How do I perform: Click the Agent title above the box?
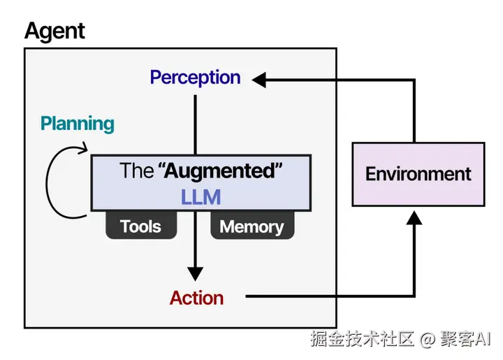pos(54,31)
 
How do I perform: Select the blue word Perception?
pos(195,78)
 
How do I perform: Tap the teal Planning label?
pos(78,124)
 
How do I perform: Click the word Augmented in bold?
pos(220,171)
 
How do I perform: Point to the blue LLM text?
pos(201,197)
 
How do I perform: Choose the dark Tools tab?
pos(141,225)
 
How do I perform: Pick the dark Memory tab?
pos(252,225)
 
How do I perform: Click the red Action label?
pos(196,298)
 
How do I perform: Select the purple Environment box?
pos(418,174)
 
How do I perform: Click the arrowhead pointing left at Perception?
pos(259,80)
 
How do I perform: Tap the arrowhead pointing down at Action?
pos(195,274)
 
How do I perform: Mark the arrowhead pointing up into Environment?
pos(414,218)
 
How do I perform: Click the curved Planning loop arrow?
pos(47,183)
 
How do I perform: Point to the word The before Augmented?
pos(136,171)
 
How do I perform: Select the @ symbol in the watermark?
pos(427,340)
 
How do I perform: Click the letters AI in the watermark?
pos(483,338)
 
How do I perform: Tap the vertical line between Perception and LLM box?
pos(195,125)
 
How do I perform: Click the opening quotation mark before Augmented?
pos(161,166)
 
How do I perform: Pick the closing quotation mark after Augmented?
pos(279,166)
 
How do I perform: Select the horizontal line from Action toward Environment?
pos(330,296)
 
